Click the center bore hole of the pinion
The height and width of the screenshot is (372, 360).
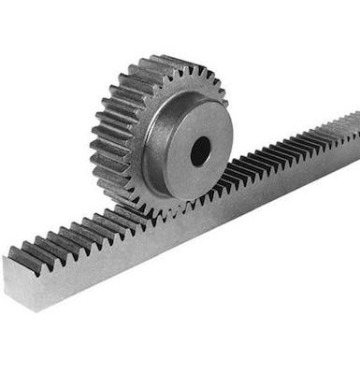coord(200,150)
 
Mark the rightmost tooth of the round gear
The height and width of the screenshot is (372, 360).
coord(224,97)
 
